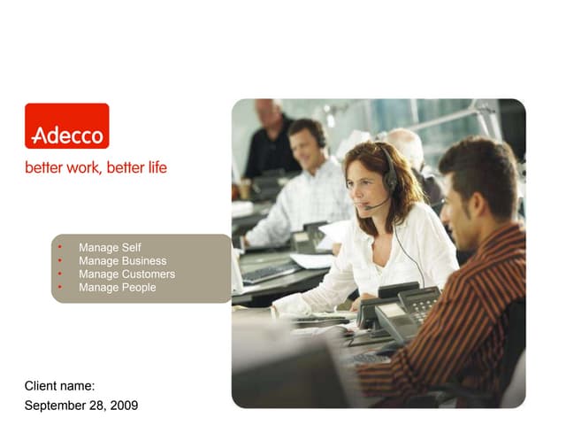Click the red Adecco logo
(66, 126)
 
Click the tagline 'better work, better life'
(96, 167)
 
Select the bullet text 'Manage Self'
(110, 248)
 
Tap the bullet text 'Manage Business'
(122, 261)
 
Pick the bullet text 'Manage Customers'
(126, 274)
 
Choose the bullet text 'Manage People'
(117, 288)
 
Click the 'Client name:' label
(60, 386)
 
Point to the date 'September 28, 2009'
(81, 406)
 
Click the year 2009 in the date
(124, 406)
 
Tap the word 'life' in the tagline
(157, 167)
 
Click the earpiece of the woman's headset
(390, 181)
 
